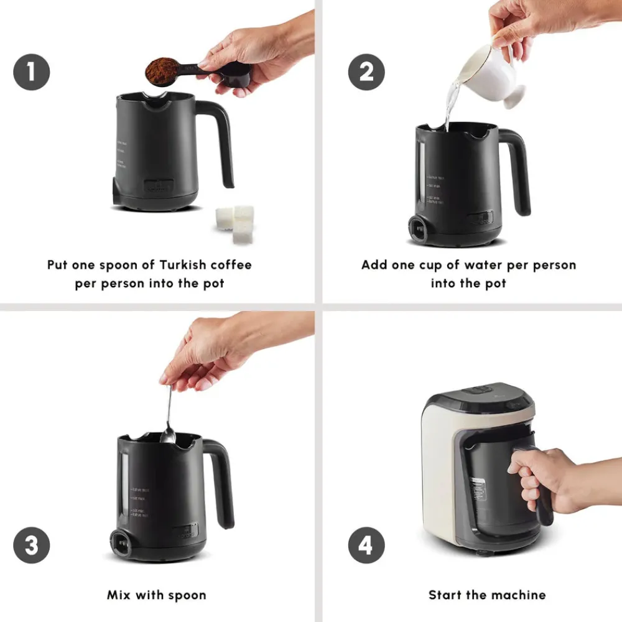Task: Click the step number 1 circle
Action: click(31, 72)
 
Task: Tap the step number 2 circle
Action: click(366, 72)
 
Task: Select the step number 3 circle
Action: click(31, 547)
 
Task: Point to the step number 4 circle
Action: click(366, 547)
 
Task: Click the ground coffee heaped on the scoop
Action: click(162, 70)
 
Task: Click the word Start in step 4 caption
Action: click(445, 595)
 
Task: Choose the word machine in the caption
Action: click(520, 595)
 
